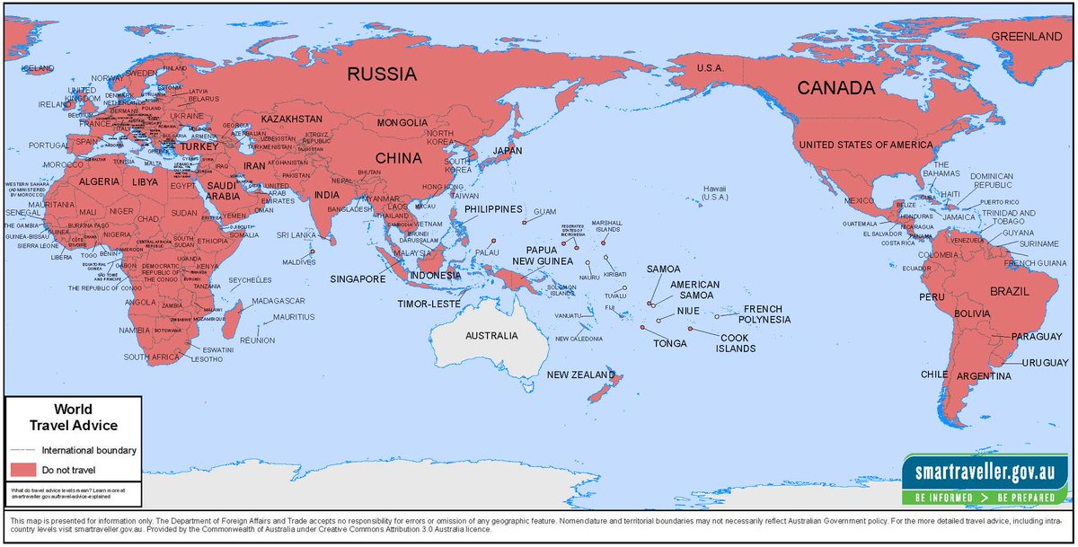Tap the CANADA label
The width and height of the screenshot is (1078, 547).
pos(838,88)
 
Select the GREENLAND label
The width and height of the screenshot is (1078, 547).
pos(1025,37)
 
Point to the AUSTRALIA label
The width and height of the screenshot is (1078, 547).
pos(490,335)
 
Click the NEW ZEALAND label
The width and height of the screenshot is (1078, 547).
pos(581,375)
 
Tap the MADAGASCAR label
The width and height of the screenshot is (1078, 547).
pos(278,301)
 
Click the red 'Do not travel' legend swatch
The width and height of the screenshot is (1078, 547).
pos(22,470)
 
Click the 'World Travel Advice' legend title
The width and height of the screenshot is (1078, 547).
pos(73,418)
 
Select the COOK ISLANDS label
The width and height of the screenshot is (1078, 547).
pos(735,343)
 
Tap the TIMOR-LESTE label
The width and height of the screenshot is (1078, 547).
pos(429,304)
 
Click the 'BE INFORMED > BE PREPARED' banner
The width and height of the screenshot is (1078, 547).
pos(985,496)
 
